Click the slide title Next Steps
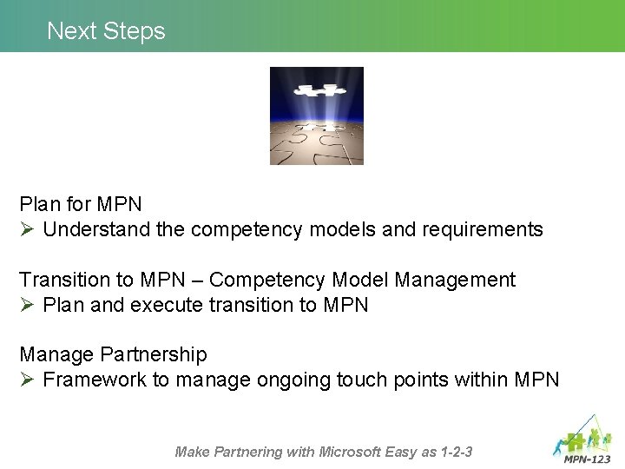click(x=106, y=31)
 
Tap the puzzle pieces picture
click(x=316, y=116)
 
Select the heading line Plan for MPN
click(x=81, y=204)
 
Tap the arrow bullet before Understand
click(x=27, y=230)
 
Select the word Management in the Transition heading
click(x=455, y=280)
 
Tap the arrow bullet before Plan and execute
click(x=27, y=306)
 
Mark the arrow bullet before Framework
click(x=27, y=380)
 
